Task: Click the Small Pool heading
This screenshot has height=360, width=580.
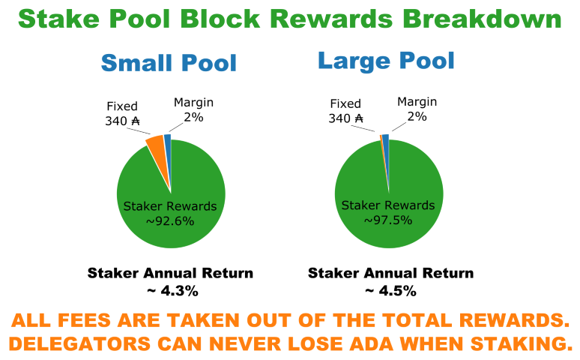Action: pos(169,62)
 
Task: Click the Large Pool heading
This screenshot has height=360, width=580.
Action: pos(386,61)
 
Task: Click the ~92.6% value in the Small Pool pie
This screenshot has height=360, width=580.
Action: pos(170,221)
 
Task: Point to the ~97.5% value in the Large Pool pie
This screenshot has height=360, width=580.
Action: pos(388,220)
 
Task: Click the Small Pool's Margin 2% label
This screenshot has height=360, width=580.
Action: pos(194,109)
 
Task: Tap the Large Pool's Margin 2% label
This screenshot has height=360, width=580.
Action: pos(417,109)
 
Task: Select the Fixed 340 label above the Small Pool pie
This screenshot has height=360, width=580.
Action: pos(122,113)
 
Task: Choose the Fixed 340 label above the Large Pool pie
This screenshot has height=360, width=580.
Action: pos(345,111)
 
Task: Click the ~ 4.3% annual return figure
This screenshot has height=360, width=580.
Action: pos(173,291)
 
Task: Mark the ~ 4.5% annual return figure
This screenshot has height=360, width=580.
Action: pos(391,291)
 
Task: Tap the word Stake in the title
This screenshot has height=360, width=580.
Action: pos(58,19)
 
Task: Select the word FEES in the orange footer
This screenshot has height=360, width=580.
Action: pos(85,320)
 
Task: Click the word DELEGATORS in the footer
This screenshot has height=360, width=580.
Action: pos(79,343)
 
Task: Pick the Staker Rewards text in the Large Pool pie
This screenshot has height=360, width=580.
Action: pos(388,205)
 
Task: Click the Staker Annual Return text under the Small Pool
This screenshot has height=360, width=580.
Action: pos(171,273)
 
